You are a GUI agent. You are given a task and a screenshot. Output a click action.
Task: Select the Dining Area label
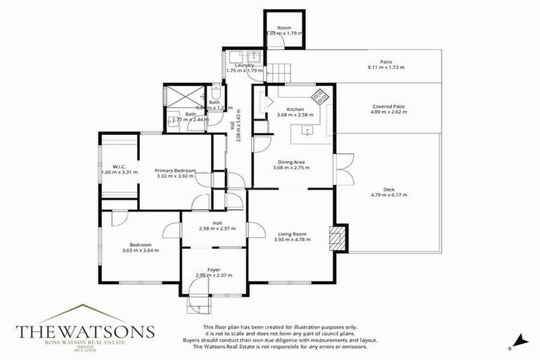(x=290, y=162)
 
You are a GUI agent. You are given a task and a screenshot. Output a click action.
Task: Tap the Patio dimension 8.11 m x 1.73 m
(x=386, y=67)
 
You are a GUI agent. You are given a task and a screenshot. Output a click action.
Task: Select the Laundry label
(x=244, y=65)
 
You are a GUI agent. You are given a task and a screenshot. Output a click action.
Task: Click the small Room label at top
(x=284, y=27)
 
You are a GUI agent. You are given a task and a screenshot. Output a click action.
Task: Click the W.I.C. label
(x=120, y=166)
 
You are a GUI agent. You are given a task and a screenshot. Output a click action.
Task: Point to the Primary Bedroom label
(x=175, y=170)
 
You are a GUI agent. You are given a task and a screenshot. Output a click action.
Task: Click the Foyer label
(x=214, y=269)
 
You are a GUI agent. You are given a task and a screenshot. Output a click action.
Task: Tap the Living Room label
(x=292, y=233)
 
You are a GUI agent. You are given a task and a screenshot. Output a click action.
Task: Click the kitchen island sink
(x=307, y=129)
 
